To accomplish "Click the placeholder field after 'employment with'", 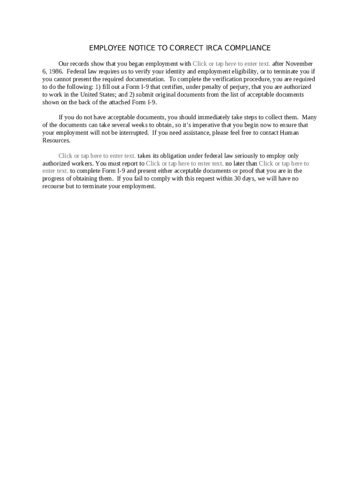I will point(231,64).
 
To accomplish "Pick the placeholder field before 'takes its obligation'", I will point(97,156).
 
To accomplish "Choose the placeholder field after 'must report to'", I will point(185,163).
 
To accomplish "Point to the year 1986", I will point(56,72).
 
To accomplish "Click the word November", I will point(299,64).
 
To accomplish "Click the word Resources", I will point(56,140).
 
